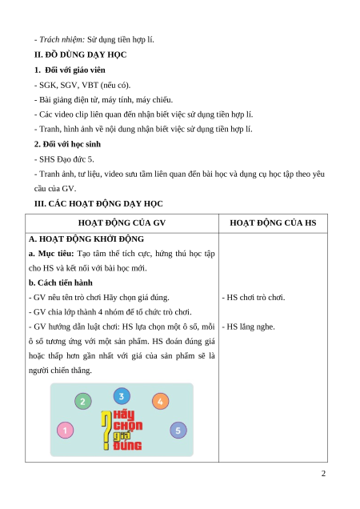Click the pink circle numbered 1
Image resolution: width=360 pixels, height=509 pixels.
pos(66,430)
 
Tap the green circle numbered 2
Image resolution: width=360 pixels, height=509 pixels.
pos(83,401)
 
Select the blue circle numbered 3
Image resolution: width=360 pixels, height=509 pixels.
pos(122,396)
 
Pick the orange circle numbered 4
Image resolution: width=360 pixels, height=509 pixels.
pos(160,401)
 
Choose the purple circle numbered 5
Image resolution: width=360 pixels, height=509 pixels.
pos(178,431)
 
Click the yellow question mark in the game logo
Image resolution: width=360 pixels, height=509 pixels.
pos(106,430)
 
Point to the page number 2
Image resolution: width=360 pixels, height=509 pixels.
pos(323,474)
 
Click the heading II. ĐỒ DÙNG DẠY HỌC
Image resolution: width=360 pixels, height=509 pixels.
pos(80,54)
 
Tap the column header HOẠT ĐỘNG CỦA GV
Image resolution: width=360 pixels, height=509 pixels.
pos(122,222)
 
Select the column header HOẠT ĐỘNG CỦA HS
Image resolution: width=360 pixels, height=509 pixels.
pos(273,222)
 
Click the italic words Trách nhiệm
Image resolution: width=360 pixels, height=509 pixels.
pos(62,39)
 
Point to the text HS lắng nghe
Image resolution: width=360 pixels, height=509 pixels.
pos(250,327)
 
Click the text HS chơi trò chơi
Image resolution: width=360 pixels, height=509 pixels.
pos(256,298)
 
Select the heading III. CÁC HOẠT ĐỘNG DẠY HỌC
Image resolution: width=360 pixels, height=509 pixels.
pos(98,203)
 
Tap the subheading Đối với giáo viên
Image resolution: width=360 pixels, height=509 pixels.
pos(75,70)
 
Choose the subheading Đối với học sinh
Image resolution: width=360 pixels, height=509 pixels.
pos(71,144)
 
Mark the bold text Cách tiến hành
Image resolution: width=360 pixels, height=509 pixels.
pos(65,283)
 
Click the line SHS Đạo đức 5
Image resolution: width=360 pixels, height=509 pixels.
pos(66,159)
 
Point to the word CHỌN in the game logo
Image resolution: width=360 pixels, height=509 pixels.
pos(128,426)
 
